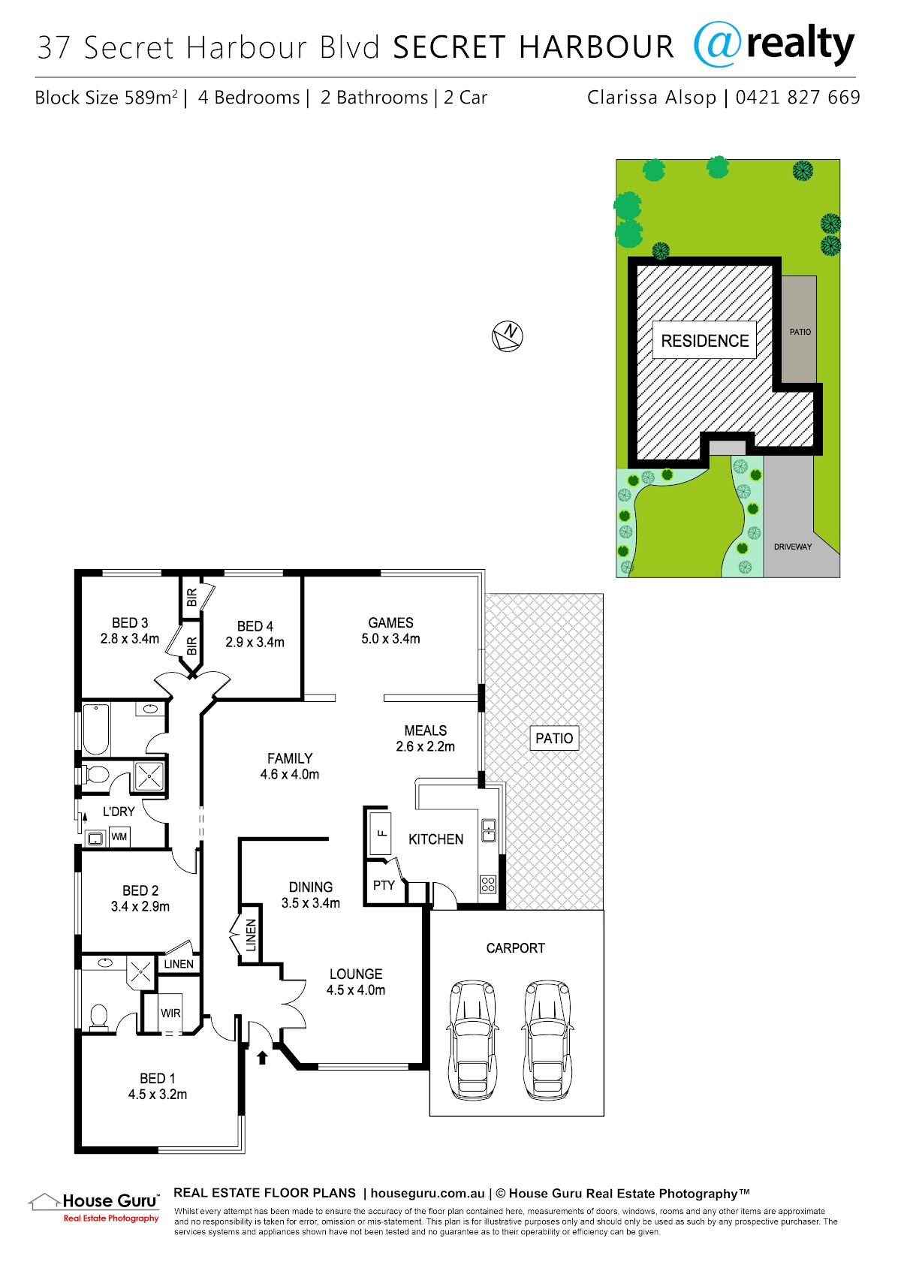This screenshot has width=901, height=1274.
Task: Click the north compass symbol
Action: pos(507,336)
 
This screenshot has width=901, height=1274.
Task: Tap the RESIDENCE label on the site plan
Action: pos(704,341)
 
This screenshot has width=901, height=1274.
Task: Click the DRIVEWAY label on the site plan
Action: pos(792,547)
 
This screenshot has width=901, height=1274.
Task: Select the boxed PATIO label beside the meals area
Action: pos(555,738)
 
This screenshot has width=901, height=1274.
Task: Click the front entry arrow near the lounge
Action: pos(261,1057)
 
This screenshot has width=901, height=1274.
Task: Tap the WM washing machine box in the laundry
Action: pos(119,836)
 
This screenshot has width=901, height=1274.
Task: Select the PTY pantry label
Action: pos(384,885)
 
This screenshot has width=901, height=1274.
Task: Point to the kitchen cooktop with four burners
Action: pos(488,884)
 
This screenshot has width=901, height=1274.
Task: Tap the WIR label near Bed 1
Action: pos(170,1013)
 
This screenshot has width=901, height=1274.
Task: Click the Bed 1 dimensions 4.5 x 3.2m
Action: pos(157,1095)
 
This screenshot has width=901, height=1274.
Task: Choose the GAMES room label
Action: pos(390,623)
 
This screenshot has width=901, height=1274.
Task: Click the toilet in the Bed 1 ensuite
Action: pos(99,1017)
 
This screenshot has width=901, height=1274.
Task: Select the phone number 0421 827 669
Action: pos(797,98)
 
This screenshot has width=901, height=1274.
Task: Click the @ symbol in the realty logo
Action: pos(718,44)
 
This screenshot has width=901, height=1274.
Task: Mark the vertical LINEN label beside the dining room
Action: pos(250,935)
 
